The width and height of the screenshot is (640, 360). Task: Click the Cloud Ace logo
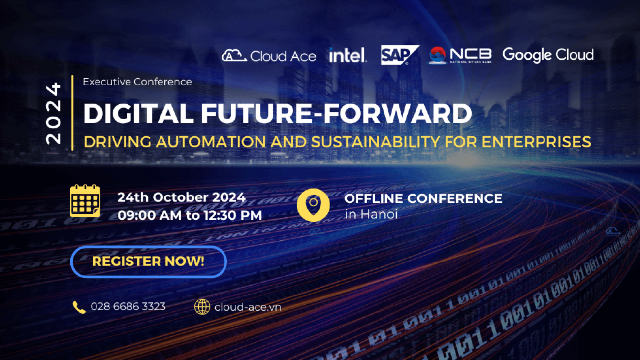[x=269, y=56]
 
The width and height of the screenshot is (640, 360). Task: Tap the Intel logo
[x=348, y=55]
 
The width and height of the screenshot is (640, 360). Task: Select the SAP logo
[x=400, y=55]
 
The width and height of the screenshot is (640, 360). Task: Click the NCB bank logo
[x=459, y=55]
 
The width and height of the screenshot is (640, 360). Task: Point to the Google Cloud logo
[x=548, y=55]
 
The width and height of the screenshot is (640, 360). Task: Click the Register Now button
[x=149, y=262]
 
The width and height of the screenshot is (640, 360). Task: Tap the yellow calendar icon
[x=85, y=200]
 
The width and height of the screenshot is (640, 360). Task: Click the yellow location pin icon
[x=313, y=205]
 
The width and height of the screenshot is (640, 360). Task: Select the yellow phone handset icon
[x=79, y=307]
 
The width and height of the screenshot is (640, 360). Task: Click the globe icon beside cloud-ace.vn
[x=202, y=307]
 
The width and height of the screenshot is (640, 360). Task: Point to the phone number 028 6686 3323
[x=128, y=307]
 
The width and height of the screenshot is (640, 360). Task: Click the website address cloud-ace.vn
[x=248, y=307]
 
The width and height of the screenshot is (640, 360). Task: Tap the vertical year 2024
[x=54, y=113]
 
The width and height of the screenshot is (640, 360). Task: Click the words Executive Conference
[x=137, y=82]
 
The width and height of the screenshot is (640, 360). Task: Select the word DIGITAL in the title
[x=138, y=113]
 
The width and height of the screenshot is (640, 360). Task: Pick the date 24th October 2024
[x=182, y=197]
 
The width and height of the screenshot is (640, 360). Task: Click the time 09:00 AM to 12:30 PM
[x=190, y=215]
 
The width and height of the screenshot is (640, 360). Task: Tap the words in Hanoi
[x=371, y=214]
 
